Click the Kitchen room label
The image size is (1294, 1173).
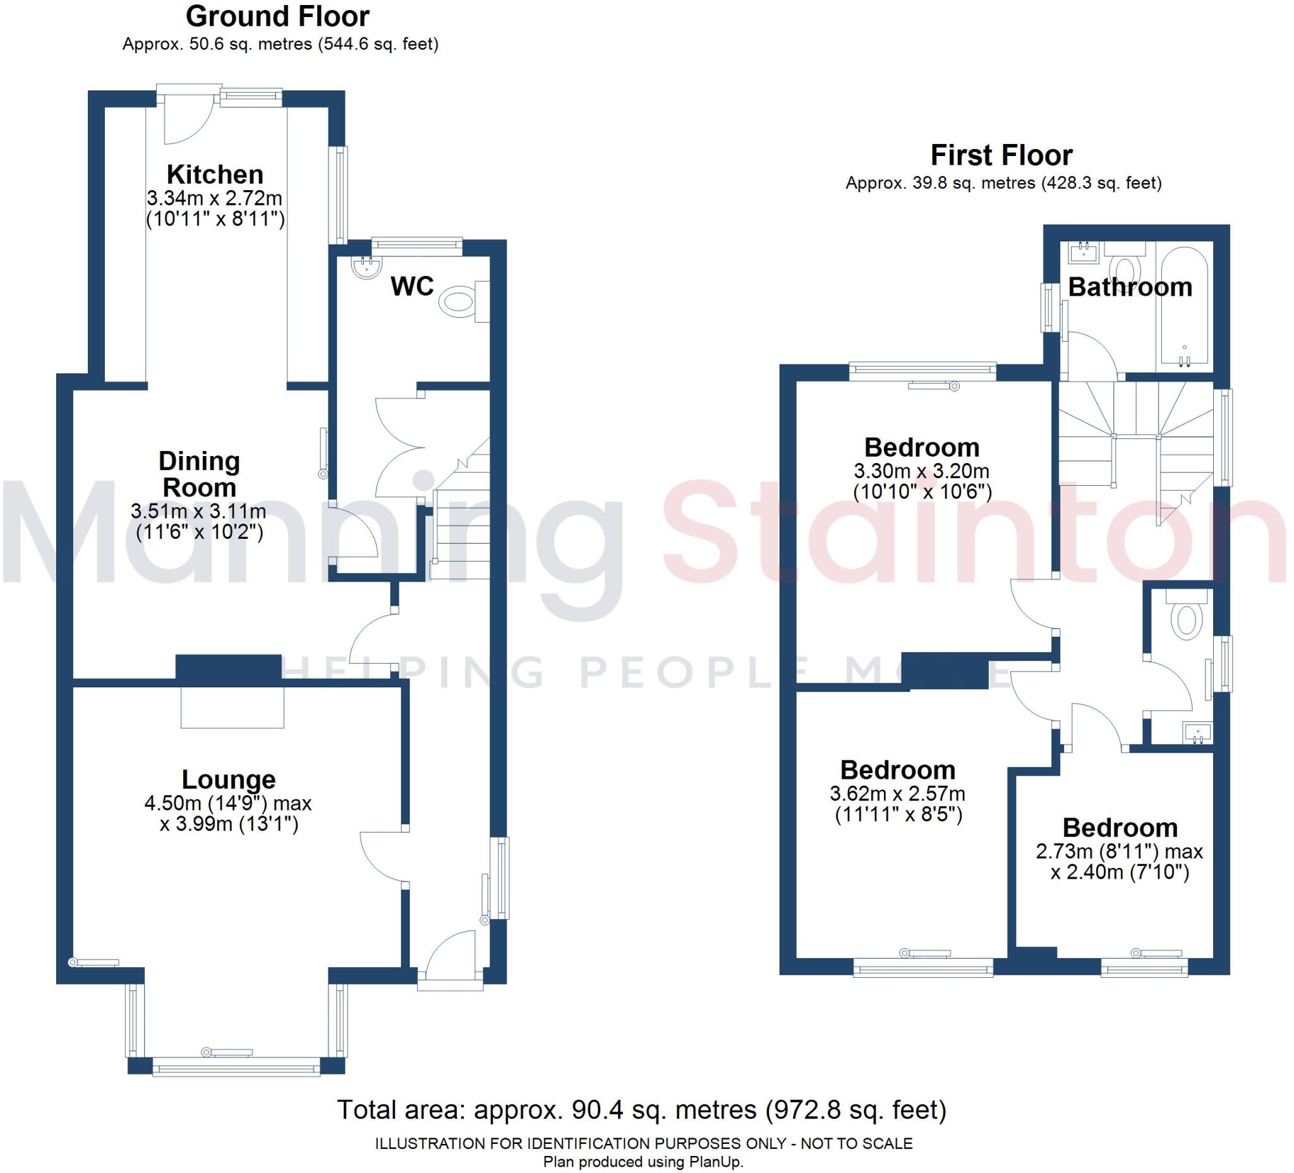pos(214,174)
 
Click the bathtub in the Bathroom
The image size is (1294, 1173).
pos(1183,308)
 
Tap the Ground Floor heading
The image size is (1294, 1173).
pos(277,16)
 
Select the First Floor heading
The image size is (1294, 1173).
pos(1001,155)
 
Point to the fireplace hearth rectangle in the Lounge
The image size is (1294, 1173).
pos(232,706)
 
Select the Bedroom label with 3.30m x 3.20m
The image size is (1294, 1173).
pos(921,447)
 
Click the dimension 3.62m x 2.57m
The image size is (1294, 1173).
pos(897,794)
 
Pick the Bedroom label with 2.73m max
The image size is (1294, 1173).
pos(1120,827)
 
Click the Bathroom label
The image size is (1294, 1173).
pos(1129,287)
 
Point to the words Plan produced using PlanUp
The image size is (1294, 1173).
pos(643,1162)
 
